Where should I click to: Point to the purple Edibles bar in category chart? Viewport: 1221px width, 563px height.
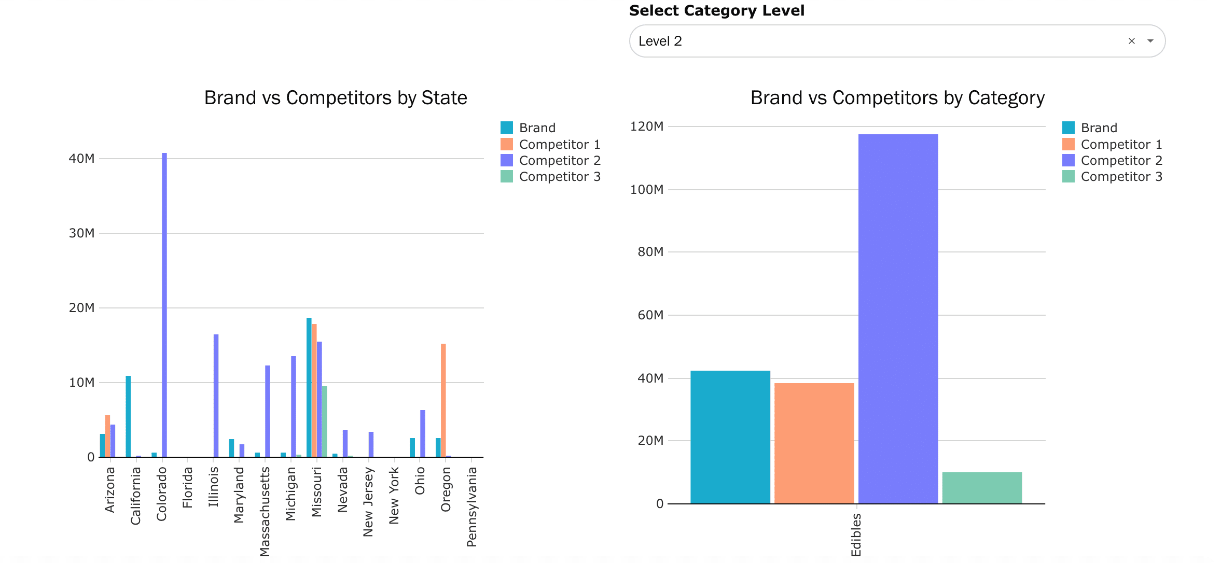[898, 319]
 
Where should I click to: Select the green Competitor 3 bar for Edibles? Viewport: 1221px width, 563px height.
[982, 488]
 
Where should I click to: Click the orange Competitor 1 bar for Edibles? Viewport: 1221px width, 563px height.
[814, 443]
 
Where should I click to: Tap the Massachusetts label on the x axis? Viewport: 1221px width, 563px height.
[265, 511]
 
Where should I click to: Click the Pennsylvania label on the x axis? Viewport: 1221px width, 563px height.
[471, 506]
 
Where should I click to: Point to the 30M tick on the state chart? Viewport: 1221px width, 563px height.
[82, 233]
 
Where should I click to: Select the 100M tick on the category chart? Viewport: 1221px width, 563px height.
[646, 190]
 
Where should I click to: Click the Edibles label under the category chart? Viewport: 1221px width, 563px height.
[856, 534]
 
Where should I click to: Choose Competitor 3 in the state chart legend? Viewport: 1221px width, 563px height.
[559, 177]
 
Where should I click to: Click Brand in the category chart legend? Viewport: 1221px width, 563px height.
[1099, 128]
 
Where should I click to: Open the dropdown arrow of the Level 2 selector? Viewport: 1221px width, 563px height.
[1150, 41]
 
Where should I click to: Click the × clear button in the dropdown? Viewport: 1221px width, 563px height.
[1132, 41]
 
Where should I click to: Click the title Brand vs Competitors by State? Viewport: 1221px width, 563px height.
[336, 98]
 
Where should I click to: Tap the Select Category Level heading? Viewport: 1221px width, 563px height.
[716, 10]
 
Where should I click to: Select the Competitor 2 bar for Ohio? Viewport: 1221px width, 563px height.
[423, 433]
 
